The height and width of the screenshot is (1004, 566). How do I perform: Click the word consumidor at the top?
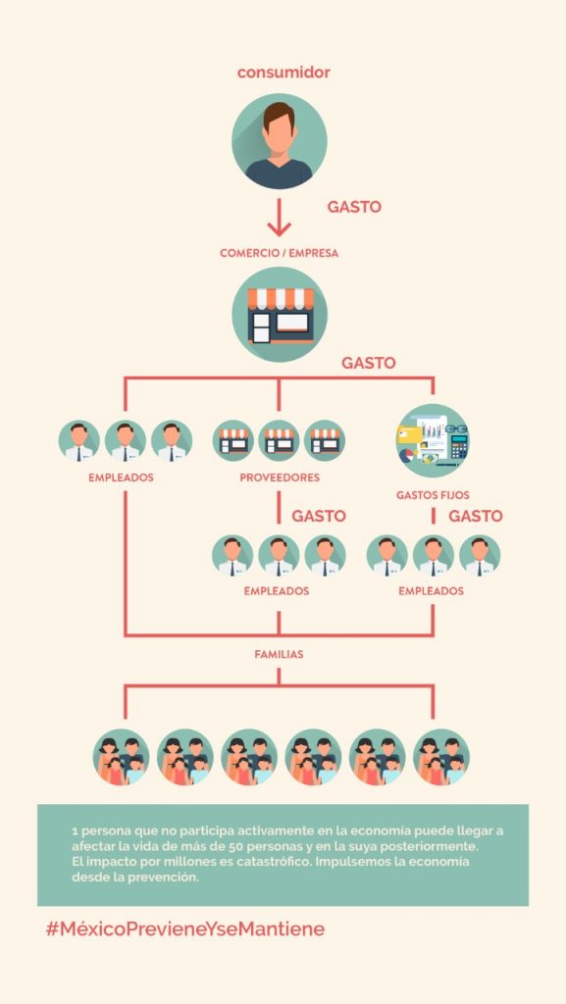tap(283, 73)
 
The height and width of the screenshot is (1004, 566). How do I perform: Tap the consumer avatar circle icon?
tap(280, 141)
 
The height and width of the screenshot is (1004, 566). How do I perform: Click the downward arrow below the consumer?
tap(280, 217)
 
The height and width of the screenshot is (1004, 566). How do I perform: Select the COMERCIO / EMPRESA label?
tap(280, 253)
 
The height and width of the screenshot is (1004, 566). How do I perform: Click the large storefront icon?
tap(280, 315)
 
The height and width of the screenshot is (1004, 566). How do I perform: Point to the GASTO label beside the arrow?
tap(354, 207)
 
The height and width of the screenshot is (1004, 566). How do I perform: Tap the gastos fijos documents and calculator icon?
tap(433, 440)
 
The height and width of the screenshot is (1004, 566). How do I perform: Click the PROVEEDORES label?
tap(280, 477)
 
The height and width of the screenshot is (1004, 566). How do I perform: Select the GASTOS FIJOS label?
tap(433, 495)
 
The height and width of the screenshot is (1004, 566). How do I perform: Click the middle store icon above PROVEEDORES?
tap(280, 440)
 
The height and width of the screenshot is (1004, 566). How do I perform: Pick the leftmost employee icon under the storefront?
tap(79, 440)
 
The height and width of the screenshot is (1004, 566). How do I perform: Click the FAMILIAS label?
tap(280, 655)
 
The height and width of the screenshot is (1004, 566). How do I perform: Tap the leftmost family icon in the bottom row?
tap(121, 757)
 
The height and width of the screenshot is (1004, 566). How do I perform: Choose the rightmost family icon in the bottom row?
tap(441, 757)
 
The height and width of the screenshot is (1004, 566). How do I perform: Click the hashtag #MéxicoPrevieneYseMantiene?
tap(185, 929)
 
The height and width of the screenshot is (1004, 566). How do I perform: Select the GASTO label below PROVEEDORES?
tap(319, 516)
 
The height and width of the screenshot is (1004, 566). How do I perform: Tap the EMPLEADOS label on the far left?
tap(121, 477)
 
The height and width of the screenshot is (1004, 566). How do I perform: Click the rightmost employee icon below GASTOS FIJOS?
tap(480, 555)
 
